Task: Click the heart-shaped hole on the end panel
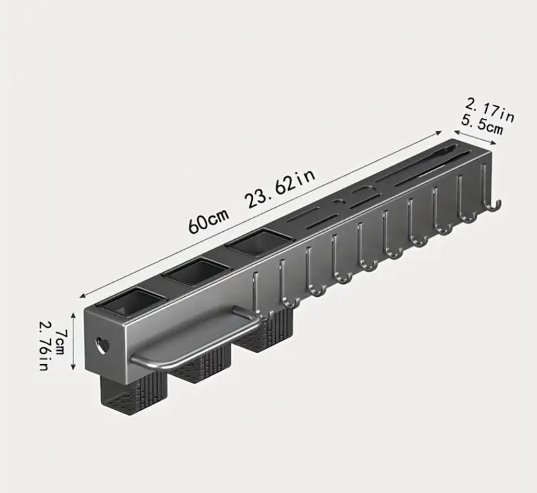point(101,345)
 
